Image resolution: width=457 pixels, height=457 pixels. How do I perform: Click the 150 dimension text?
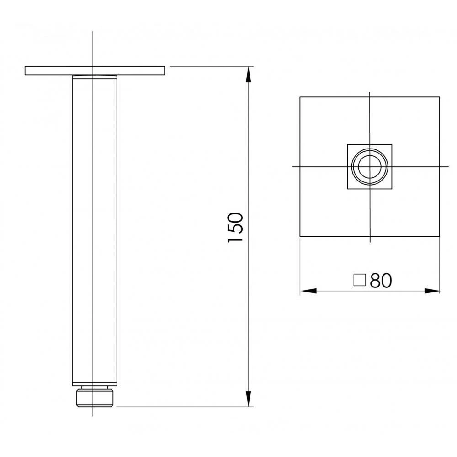tap(235, 228)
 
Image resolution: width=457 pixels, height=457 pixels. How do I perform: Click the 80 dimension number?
tap(381, 281)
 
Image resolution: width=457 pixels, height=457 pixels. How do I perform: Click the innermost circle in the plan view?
tap(369, 167)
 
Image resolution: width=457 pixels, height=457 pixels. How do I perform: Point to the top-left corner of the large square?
tap(300, 97)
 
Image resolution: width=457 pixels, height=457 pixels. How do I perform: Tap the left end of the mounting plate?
tap(26, 71)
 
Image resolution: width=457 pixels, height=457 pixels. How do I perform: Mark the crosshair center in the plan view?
tap(369, 167)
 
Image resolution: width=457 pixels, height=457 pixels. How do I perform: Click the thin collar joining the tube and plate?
tap(95, 76)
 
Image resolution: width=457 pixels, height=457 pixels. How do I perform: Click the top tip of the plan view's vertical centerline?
tap(369, 92)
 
